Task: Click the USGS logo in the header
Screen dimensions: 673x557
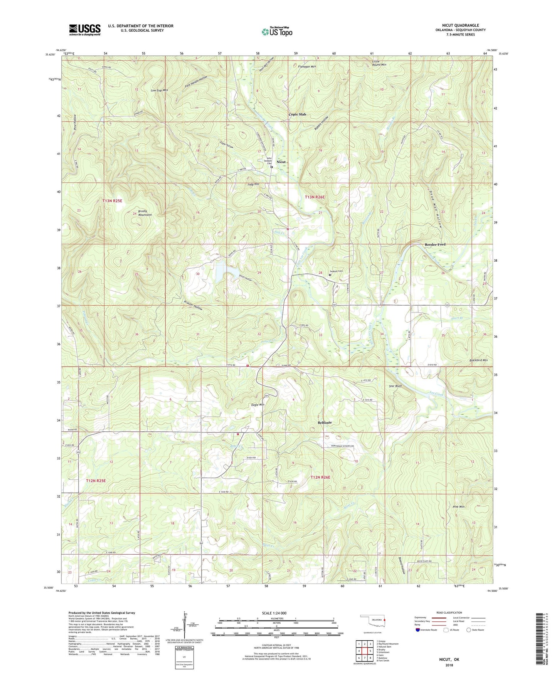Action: [85, 30]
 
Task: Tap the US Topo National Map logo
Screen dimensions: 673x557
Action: [276, 32]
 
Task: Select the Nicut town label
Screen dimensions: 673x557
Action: [281, 162]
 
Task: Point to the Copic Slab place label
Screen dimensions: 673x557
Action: [298, 114]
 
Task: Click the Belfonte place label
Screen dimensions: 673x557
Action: [325, 422]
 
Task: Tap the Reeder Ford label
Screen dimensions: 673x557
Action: [435, 244]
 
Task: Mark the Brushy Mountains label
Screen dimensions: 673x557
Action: [142, 213]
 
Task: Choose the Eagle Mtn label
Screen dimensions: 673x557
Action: [257, 405]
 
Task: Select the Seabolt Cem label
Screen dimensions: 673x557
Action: [336, 271]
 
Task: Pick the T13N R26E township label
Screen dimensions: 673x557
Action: [315, 197]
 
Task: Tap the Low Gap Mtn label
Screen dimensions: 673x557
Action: [159, 90]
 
